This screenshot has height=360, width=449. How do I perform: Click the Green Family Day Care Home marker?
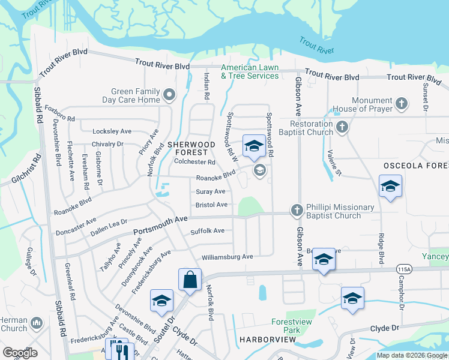(x=169, y=94)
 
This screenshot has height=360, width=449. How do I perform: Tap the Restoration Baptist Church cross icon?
(x=342, y=127)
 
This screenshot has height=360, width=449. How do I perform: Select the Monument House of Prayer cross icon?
(x=402, y=104)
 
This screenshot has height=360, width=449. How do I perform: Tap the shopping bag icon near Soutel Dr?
(x=190, y=280)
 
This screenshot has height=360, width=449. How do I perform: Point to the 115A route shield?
(x=402, y=270)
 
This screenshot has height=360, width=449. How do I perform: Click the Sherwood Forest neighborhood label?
(x=191, y=148)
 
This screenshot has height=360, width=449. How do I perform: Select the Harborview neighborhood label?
(x=267, y=339)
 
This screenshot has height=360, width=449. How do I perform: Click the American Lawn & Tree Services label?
(x=250, y=71)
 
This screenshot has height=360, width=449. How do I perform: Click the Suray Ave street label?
(x=210, y=191)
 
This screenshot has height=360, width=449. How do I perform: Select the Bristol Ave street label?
(x=211, y=205)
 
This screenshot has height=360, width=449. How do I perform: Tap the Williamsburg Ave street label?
(x=227, y=257)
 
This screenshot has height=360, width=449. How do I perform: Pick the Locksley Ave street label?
(x=112, y=131)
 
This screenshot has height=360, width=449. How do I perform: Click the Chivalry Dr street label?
(x=107, y=144)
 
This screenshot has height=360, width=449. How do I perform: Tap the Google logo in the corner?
(x=20, y=352)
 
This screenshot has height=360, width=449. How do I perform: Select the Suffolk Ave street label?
(x=207, y=231)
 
